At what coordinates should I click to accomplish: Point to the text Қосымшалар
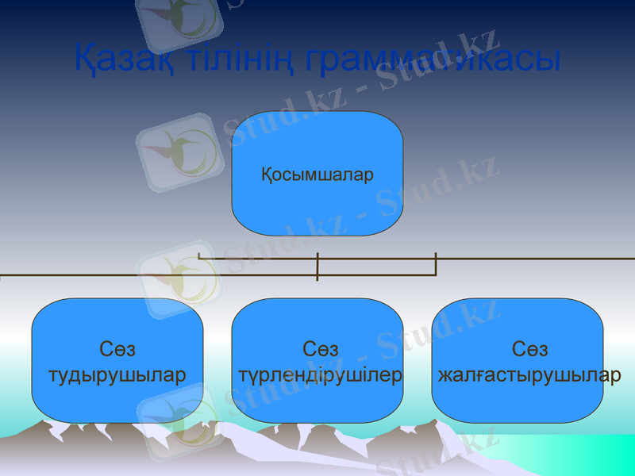click(317, 175)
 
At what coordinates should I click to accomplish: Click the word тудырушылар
click(117, 374)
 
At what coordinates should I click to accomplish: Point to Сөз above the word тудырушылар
click(117, 349)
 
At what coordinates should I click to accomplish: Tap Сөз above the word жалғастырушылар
click(530, 349)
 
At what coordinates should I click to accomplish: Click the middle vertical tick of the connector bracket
click(317, 267)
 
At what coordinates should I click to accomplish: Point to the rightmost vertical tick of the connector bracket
click(436, 263)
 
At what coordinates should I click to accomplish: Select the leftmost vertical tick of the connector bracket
click(199, 256)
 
